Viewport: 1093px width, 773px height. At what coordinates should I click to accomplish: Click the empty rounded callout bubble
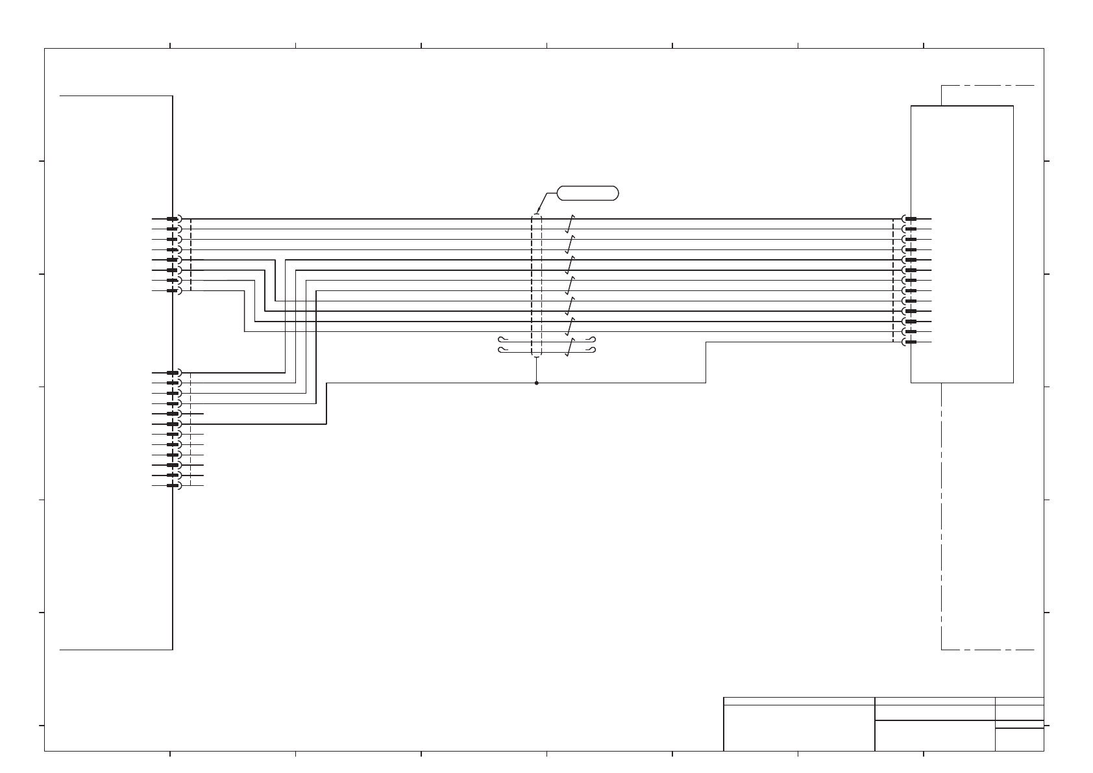tap(587, 193)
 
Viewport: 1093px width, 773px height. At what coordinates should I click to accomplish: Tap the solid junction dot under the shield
tap(536, 383)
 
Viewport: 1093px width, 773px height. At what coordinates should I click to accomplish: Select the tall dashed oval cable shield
tap(536, 286)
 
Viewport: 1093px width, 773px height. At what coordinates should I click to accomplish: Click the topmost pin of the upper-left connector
tap(173, 219)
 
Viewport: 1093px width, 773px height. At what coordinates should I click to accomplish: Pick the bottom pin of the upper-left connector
tap(173, 290)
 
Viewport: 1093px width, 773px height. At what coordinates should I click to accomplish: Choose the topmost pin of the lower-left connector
tap(173, 373)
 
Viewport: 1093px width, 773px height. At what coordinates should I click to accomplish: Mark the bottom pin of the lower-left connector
tap(173, 485)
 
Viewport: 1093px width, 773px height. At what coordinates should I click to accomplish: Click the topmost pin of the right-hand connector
tap(911, 219)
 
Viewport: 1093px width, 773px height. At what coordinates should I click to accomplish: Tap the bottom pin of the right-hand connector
tap(911, 342)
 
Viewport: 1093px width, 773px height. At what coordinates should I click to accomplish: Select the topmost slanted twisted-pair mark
tap(569, 224)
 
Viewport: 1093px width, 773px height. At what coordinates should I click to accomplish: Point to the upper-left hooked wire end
tap(501, 340)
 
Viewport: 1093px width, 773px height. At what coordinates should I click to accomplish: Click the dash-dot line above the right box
tap(987, 85)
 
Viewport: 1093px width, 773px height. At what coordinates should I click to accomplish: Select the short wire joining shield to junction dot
tap(536, 370)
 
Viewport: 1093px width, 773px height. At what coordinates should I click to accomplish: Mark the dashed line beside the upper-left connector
tap(191, 255)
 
